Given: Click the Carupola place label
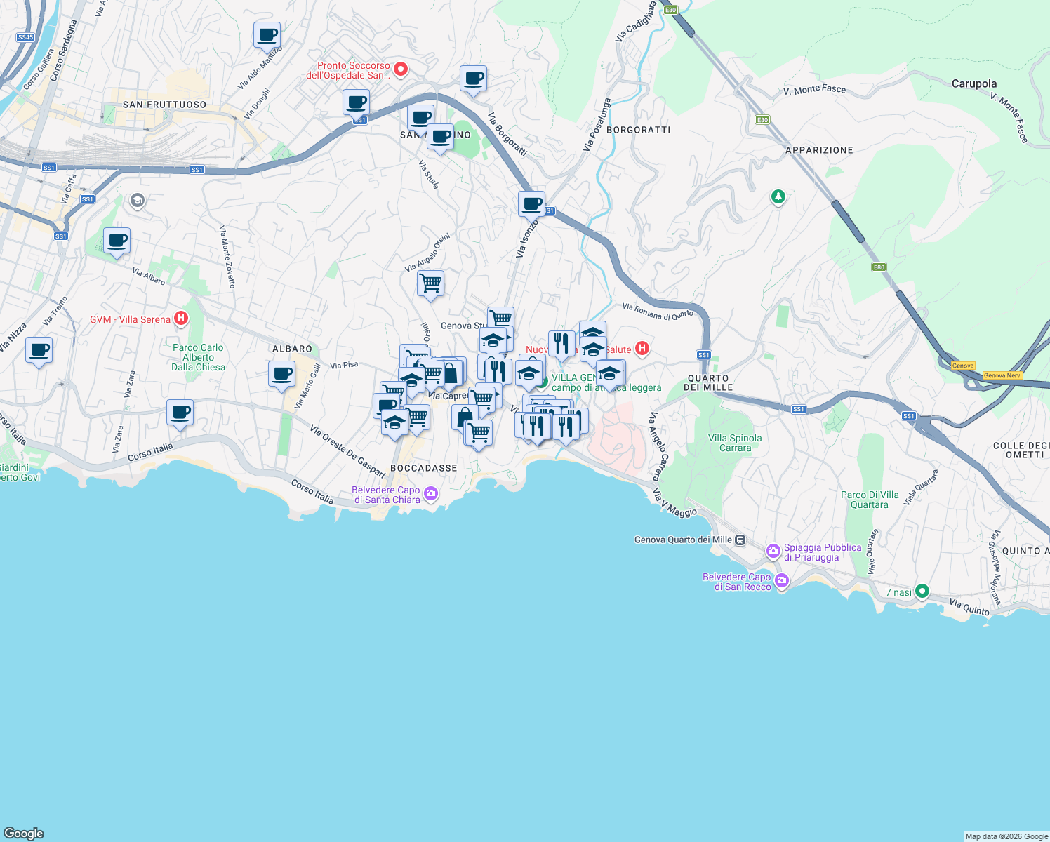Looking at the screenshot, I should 973,83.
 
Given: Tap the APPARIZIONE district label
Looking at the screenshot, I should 819,150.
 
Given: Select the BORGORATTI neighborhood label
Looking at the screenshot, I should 638,130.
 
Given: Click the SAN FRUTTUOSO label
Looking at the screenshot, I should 164,105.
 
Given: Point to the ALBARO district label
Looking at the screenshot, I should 292,349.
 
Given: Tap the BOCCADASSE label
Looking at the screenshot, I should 423,468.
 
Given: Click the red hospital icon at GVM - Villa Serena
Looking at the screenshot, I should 181,319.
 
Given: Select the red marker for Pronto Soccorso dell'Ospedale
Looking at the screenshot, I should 401,69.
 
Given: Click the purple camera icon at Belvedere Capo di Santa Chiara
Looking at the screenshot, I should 431,494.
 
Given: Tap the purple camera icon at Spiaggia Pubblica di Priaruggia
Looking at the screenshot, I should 773,552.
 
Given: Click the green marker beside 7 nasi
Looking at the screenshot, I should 922,592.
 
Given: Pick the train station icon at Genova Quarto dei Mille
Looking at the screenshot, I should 740,540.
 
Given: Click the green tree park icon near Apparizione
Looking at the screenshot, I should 778,196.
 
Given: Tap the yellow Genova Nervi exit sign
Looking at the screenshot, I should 1002,375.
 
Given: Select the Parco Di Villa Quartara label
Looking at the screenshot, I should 870,500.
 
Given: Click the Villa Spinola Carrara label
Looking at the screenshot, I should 735,443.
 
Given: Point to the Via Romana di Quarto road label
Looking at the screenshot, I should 657,310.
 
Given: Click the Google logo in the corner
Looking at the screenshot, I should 24,833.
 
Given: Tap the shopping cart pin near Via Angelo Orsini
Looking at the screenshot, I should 430,283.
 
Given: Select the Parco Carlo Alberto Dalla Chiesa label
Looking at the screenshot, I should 199,357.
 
